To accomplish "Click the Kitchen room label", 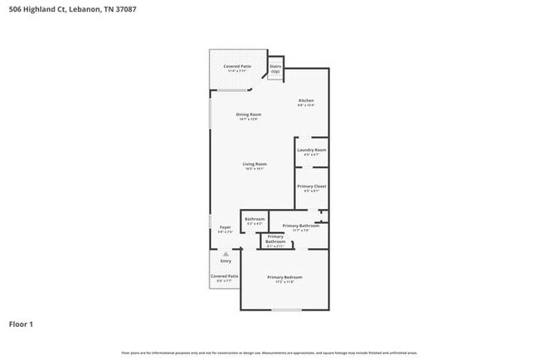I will click(x=307, y=101).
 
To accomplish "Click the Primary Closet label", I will click(x=312, y=187).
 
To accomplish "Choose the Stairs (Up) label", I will click(x=275, y=69).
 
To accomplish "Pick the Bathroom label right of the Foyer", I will click(x=255, y=220).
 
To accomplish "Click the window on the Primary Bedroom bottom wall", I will click(x=287, y=310).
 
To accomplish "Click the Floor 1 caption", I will click(x=22, y=324).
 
